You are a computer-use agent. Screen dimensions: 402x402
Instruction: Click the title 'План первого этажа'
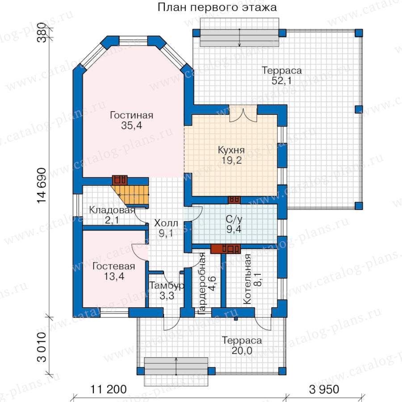pyautogui.click(x=217, y=8)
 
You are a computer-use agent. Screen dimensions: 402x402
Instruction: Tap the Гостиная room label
pyautogui.click(x=131, y=115)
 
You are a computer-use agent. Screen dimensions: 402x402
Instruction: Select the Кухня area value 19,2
pyautogui.click(x=231, y=160)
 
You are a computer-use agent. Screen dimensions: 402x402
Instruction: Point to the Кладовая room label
pyautogui.click(x=112, y=210)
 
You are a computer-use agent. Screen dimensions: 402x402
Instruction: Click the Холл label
pyautogui.click(x=166, y=223)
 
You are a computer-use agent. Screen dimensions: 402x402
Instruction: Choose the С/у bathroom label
pyautogui.click(x=234, y=219)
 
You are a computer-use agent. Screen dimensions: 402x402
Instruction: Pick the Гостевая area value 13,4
pyautogui.click(x=114, y=276)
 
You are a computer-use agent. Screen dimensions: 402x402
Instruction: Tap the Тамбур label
pyautogui.click(x=167, y=285)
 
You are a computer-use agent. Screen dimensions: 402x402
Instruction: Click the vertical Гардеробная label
pyautogui.click(x=202, y=284)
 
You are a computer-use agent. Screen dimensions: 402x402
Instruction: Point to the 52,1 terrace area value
pyautogui.click(x=281, y=81)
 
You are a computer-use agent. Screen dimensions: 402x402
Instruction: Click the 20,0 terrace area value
pyautogui.click(x=242, y=351)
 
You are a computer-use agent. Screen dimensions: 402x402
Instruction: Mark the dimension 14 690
pyautogui.click(x=42, y=186)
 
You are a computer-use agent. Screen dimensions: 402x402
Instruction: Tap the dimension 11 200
pyautogui.click(x=109, y=389)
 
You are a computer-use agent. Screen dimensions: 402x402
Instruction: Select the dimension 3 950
pyautogui.click(x=324, y=389)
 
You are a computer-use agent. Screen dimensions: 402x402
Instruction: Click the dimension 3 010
pyautogui.click(x=42, y=347)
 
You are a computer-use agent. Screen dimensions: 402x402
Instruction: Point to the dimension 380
pyautogui.click(x=42, y=33)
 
